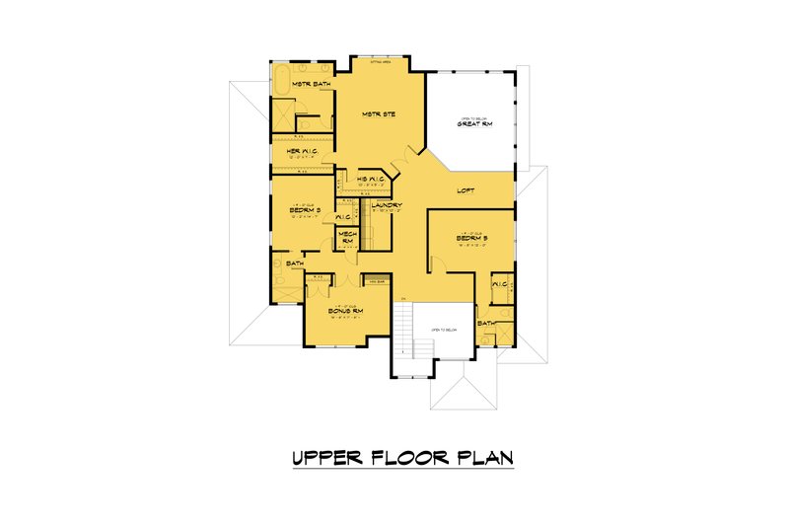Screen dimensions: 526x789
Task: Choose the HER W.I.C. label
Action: [301, 151]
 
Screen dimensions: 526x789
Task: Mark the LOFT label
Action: [467, 190]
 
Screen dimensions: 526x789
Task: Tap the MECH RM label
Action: [347, 237]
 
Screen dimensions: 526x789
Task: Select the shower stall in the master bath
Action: [282, 117]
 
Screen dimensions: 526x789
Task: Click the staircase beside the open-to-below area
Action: [405, 332]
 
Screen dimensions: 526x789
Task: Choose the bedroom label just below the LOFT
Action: [472, 238]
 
